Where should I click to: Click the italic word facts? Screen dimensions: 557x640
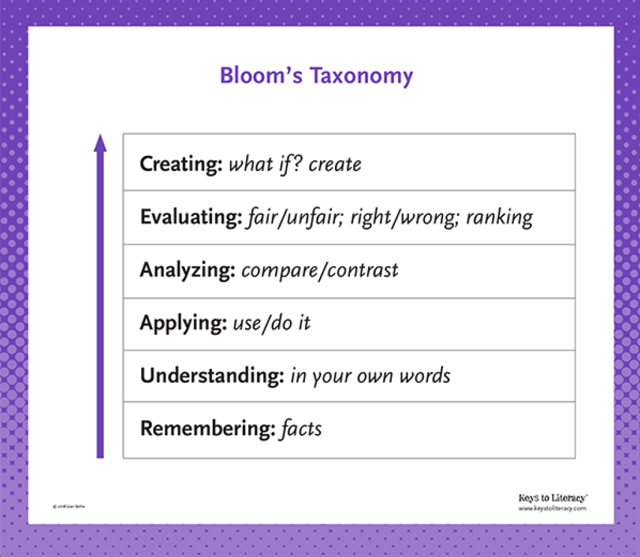(301, 429)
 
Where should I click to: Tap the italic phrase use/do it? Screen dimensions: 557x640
(271, 323)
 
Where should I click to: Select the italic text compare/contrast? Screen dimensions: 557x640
(319, 270)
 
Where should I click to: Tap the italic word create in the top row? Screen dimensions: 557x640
(335, 164)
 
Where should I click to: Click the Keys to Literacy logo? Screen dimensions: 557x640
(552, 498)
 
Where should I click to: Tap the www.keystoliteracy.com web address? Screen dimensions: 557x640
(552, 508)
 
